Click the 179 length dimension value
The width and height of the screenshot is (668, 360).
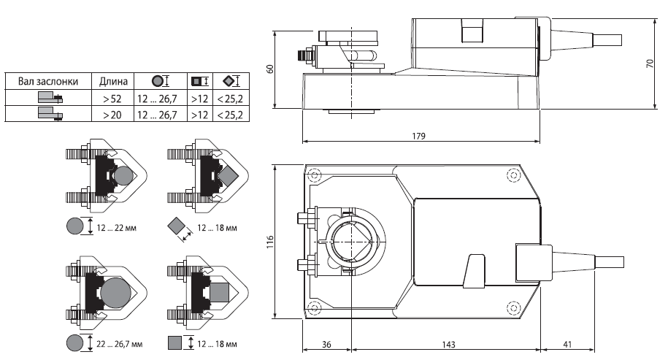coord(418,136)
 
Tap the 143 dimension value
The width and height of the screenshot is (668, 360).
coord(445,344)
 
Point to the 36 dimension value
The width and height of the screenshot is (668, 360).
coord(327,344)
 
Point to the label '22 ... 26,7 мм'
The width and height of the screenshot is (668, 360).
coord(120,342)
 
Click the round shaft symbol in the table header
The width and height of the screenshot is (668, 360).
coord(156,80)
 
